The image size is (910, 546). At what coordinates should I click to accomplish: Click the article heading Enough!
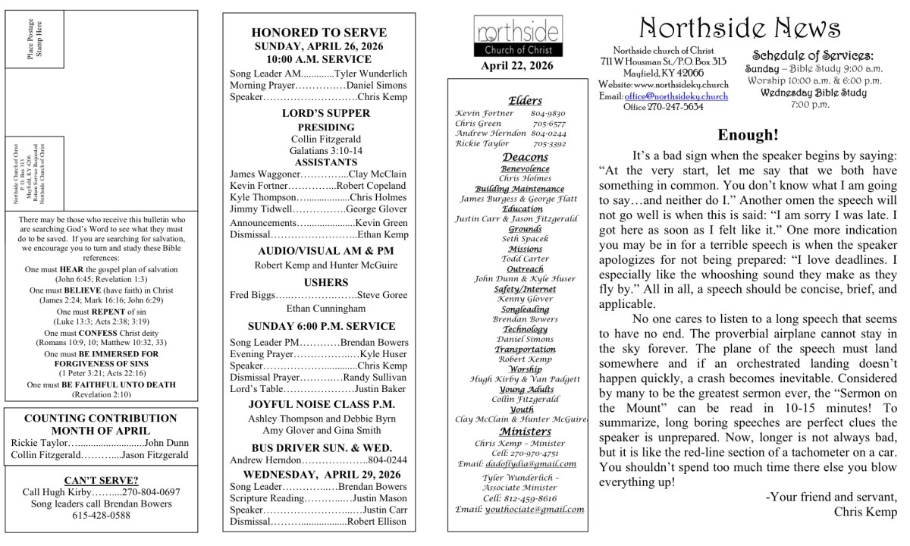[748, 136]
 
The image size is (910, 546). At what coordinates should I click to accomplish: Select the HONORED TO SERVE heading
[318, 33]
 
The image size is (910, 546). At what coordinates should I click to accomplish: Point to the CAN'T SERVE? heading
[101, 480]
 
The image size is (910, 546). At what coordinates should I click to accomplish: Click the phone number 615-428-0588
[101, 515]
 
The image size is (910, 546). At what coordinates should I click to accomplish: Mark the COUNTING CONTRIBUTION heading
[101, 418]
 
